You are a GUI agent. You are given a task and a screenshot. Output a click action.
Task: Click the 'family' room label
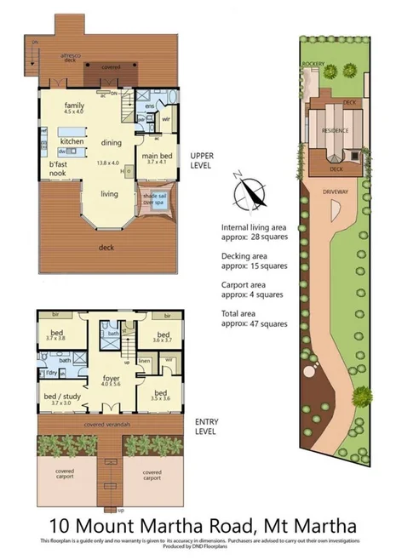(74, 106)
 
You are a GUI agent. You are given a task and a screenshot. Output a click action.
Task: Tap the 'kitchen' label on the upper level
(72, 140)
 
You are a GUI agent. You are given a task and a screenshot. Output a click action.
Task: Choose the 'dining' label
(112, 142)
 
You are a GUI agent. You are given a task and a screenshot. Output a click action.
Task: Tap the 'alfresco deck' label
(69, 58)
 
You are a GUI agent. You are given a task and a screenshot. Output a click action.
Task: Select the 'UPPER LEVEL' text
(202, 160)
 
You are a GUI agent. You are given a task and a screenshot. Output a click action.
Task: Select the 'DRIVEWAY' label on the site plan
(335, 191)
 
